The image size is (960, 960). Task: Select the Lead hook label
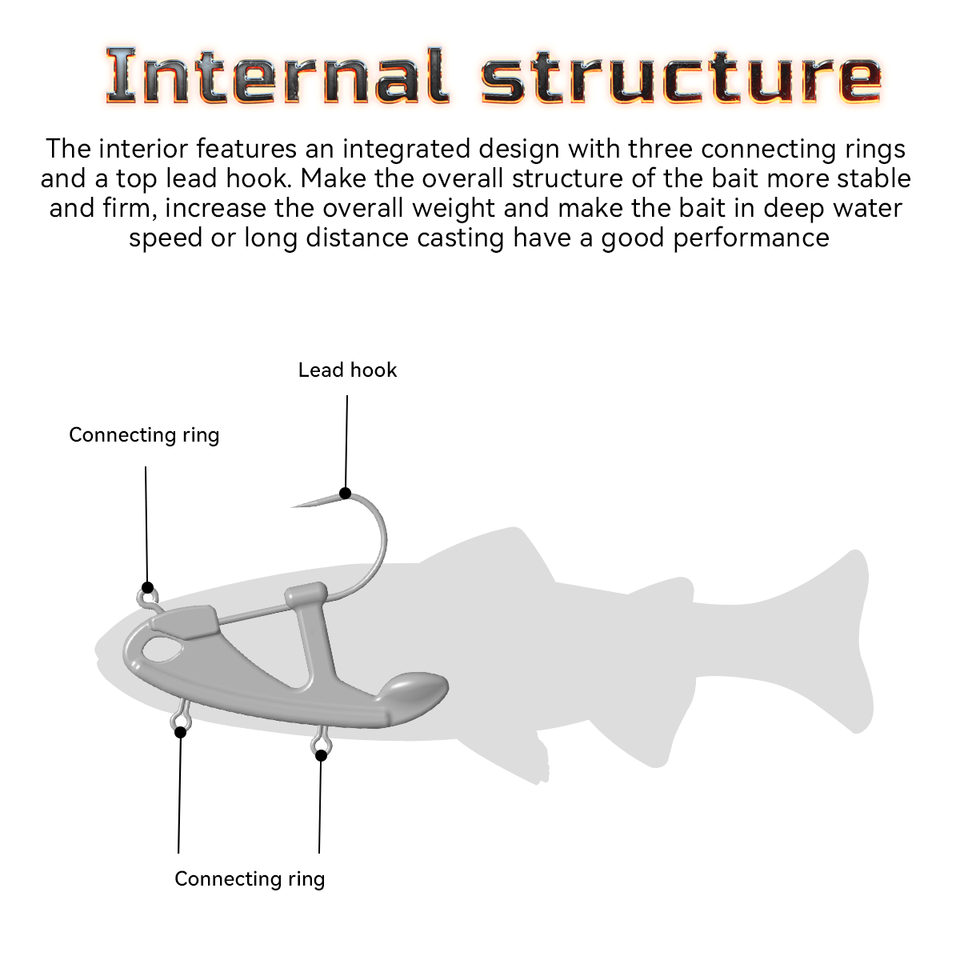347,370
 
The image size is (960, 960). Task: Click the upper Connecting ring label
144,435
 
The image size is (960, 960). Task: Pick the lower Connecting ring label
249,879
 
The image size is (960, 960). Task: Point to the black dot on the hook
345,492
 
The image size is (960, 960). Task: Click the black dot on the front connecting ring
148,588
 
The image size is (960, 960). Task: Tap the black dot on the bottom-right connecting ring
321,755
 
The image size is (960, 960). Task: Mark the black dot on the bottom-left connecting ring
180,732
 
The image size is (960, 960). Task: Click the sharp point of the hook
294,506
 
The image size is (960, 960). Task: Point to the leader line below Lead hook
347,440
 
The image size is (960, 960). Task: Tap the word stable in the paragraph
872,179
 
